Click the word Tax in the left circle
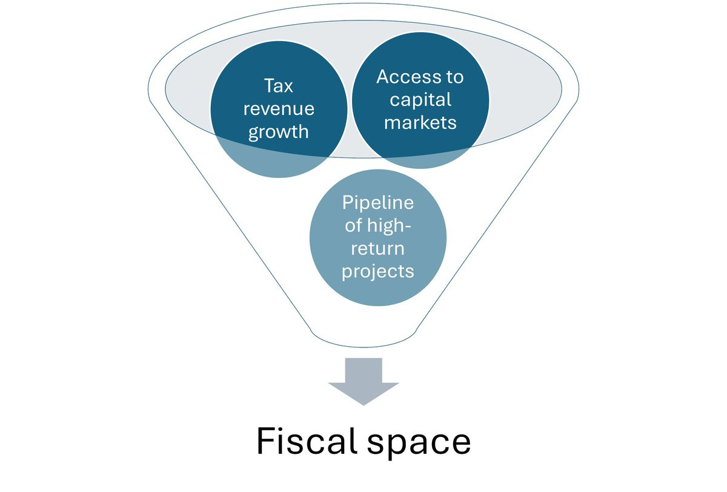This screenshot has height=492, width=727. [x=279, y=86]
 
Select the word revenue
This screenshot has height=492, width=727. [x=279, y=109]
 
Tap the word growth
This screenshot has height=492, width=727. [x=279, y=131]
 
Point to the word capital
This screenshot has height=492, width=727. [x=420, y=99]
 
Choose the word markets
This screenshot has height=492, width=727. [x=420, y=122]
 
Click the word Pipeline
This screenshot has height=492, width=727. [x=378, y=202]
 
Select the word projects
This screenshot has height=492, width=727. [x=378, y=271]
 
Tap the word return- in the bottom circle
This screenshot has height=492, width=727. [x=378, y=248]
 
